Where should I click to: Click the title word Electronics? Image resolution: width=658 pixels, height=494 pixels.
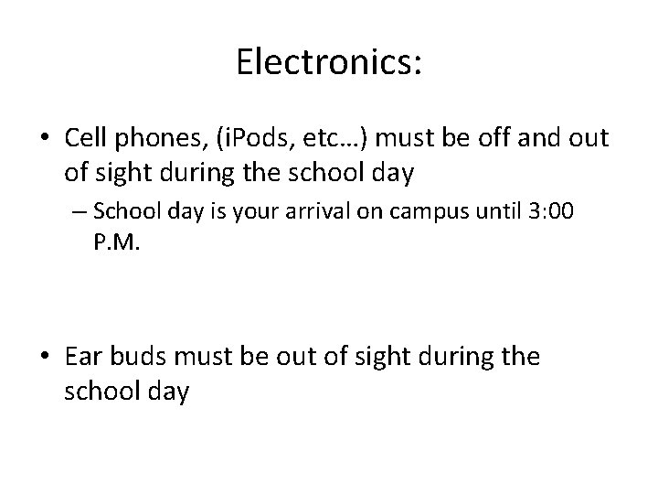[328, 61]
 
